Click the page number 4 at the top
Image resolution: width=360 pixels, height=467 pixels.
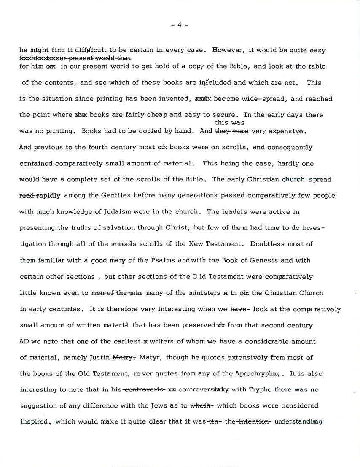pyautogui.click(x=180, y=25)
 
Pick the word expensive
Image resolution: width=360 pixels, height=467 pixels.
pyautogui.click(x=287, y=131)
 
